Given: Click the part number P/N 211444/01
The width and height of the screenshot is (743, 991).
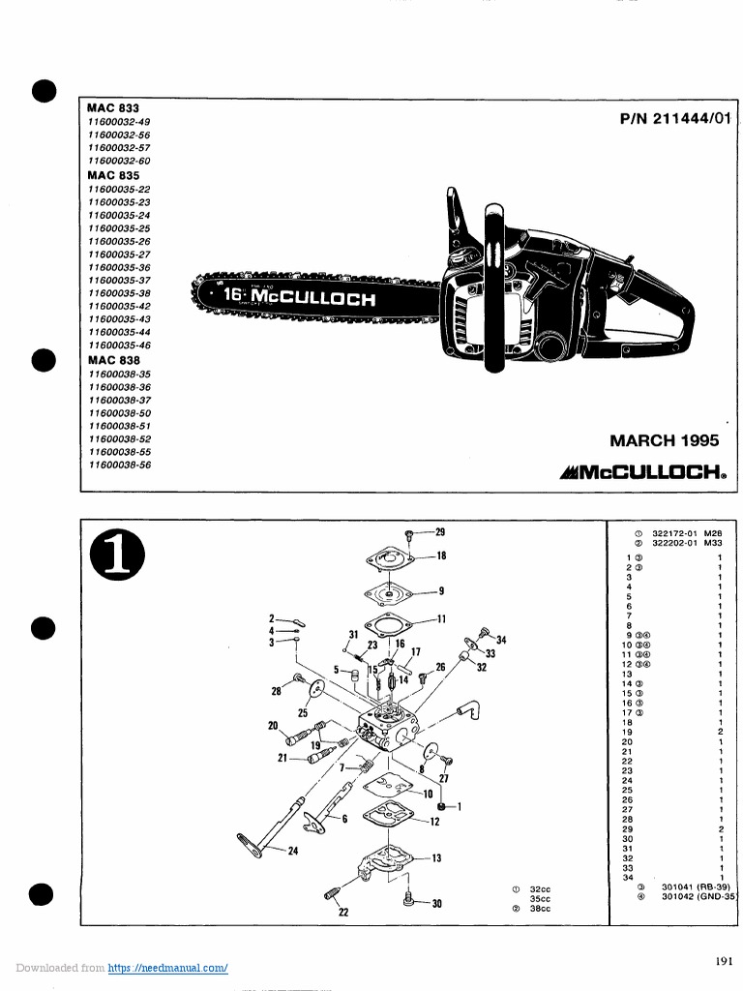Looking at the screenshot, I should (675, 119).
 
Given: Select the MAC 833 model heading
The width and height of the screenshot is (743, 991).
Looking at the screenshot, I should (113, 108).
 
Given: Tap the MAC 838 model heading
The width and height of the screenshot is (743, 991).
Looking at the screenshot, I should (113, 360).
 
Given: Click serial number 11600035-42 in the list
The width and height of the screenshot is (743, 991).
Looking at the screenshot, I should (119, 306).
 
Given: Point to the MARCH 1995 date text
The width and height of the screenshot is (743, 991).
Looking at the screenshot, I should (664, 440).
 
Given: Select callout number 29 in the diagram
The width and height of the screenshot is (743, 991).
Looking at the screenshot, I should (439, 532).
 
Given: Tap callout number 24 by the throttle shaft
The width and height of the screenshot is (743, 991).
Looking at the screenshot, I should (292, 852).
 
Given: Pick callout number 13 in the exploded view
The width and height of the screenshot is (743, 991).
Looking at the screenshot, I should (436, 857).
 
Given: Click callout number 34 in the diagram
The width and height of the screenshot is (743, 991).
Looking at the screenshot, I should (501, 640).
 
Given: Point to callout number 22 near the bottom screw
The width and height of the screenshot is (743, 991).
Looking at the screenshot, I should (342, 912).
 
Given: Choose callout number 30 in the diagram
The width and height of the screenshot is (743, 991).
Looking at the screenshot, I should (436, 904).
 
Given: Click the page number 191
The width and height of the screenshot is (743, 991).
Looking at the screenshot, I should (724, 961).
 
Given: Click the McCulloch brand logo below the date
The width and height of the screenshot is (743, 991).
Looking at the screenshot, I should (642, 474).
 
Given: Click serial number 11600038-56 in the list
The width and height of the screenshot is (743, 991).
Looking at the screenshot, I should (119, 465).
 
